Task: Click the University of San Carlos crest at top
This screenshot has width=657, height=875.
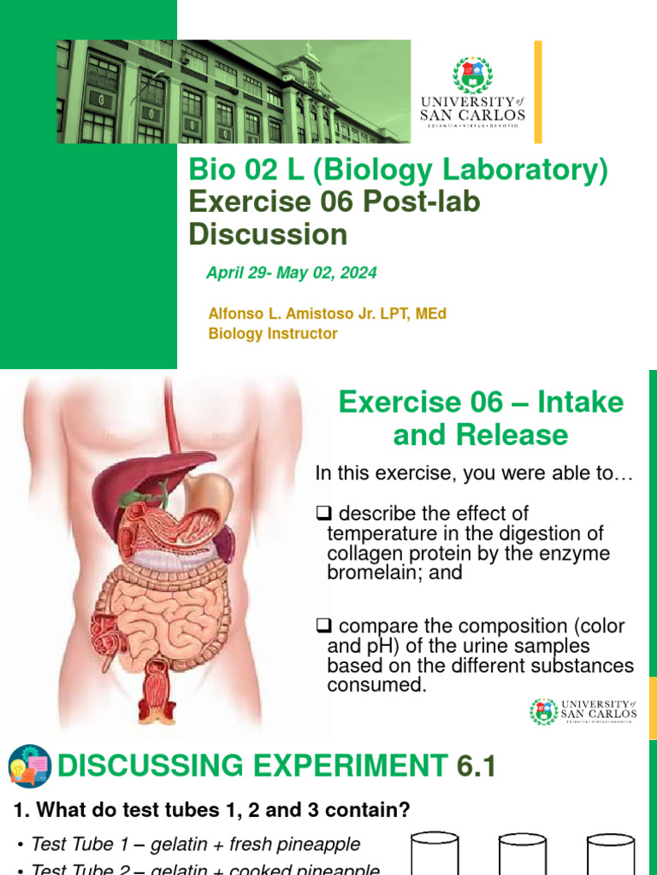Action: click(472, 75)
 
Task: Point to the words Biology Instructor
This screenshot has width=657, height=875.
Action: click(273, 334)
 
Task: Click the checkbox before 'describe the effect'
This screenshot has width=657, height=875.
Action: click(323, 514)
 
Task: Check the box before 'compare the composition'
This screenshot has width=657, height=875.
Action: click(323, 626)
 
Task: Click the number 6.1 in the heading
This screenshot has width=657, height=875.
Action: click(476, 766)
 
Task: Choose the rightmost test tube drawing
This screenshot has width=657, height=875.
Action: click(610, 854)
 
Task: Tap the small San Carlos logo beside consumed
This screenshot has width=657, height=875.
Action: click(543, 711)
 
